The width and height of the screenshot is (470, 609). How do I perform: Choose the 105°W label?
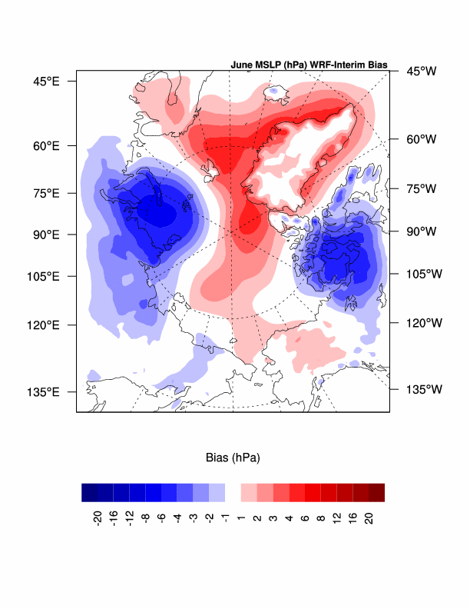[x=423, y=274]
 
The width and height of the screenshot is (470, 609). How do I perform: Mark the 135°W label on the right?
[x=423, y=389]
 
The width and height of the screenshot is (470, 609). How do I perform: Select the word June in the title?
[x=242, y=65]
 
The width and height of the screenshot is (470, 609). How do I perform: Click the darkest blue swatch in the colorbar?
[x=90, y=492]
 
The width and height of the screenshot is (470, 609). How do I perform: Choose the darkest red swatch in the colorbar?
[x=376, y=492]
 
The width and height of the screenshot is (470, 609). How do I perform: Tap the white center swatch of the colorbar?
[x=233, y=492]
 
